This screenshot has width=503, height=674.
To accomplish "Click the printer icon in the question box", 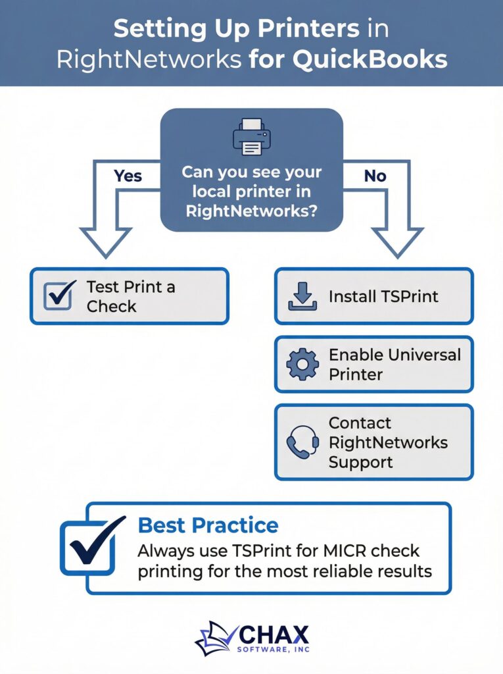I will (x=251, y=137).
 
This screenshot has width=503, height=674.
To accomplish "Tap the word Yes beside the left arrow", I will (x=128, y=176).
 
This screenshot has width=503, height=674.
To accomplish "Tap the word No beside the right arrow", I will (x=375, y=176).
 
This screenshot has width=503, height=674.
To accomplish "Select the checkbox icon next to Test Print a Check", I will (x=60, y=296).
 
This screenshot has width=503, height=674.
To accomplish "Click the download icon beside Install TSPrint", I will (x=302, y=296).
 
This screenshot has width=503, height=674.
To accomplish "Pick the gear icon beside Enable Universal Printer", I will (x=302, y=365).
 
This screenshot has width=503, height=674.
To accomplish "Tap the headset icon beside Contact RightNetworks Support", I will (x=302, y=442).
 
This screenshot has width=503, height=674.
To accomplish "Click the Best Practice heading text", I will (x=208, y=525).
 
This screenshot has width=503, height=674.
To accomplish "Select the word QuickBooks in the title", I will (x=370, y=59).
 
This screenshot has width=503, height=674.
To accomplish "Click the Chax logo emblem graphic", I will (x=216, y=638).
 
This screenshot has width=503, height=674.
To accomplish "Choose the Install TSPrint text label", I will (x=383, y=296).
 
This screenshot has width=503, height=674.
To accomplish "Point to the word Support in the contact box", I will (x=360, y=461).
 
